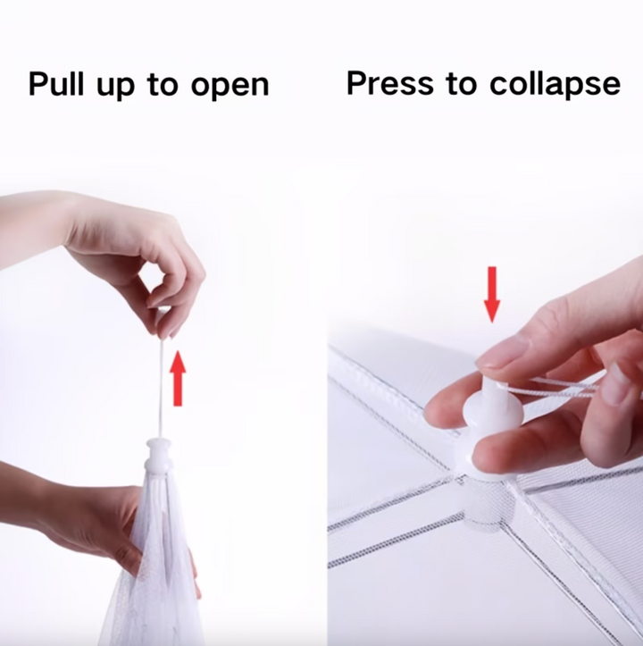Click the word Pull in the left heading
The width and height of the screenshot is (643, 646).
tap(56, 84)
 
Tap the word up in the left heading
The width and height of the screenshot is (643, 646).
tap(116, 88)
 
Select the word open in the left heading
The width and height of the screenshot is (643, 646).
tap(230, 88)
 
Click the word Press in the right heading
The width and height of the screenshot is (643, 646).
tap(390, 83)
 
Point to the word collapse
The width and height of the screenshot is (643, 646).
tap(555, 85)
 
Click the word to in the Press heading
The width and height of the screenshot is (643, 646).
tap(461, 84)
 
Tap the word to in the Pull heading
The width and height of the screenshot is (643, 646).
tap(163, 85)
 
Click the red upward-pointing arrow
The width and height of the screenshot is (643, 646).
tap(178, 378)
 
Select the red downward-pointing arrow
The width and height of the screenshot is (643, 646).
tap(492, 294)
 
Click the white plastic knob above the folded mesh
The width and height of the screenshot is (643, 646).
tap(159, 456)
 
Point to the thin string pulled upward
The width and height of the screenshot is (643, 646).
tap(162, 389)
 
